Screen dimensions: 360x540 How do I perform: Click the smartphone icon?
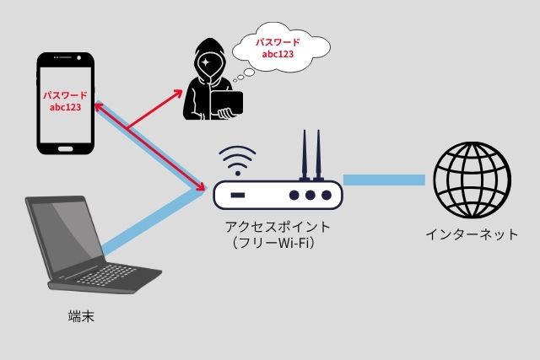click(x=66, y=103)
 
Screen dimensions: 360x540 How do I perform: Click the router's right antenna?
click(x=319, y=155)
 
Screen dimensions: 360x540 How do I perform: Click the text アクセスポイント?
click(x=277, y=228)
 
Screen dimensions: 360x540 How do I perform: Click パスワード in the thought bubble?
click(x=278, y=40)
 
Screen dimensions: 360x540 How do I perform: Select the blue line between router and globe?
click(x=384, y=180)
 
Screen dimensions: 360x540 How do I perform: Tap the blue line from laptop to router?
click(x=152, y=223)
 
